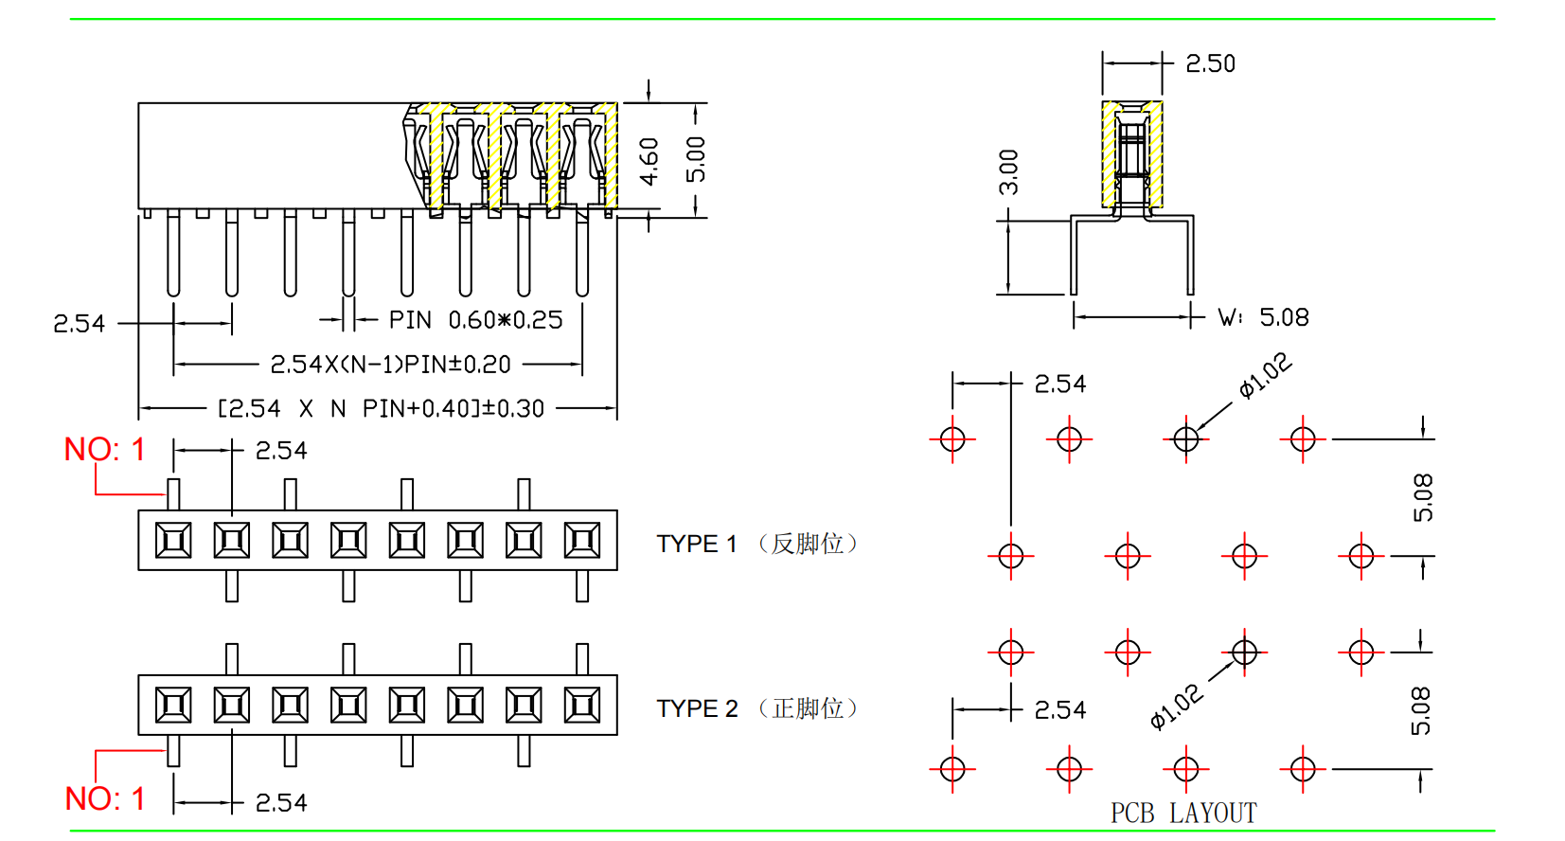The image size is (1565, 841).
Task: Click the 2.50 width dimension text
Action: tap(1210, 63)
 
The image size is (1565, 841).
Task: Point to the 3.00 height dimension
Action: tap(1009, 171)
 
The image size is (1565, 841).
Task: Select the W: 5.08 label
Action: tap(1263, 317)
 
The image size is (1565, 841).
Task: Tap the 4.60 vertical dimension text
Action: tap(649, 161)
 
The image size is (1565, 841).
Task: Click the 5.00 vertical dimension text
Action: tap(696, 159)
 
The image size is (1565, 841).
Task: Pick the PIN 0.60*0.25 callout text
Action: tap(475, 320)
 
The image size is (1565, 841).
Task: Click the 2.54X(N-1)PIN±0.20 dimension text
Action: tap(390, 365)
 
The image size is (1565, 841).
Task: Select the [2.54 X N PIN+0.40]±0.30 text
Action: tap(381, 408)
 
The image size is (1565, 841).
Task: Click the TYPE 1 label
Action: tap(697, 544)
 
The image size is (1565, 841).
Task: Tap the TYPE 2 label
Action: tap(697, 708)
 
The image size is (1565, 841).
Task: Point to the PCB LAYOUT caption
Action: tap(1183, 813)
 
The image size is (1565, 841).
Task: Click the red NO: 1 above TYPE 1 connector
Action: tap(104, 449)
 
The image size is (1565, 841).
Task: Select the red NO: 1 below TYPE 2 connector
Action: tap(104, 798)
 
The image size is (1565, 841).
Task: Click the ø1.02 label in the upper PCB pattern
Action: tap(1265, 375)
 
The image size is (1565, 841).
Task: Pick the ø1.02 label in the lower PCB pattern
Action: tap(1176, 707)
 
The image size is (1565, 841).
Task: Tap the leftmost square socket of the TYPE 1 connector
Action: tap(173, 541)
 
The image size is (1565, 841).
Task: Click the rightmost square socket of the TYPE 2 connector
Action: tap(581, 706)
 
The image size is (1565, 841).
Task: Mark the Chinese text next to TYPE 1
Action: tap(808, 544)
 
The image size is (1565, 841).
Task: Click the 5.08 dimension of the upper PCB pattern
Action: tap(1422, 497)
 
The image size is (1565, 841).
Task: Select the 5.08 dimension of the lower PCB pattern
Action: tap(1420, 710)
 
